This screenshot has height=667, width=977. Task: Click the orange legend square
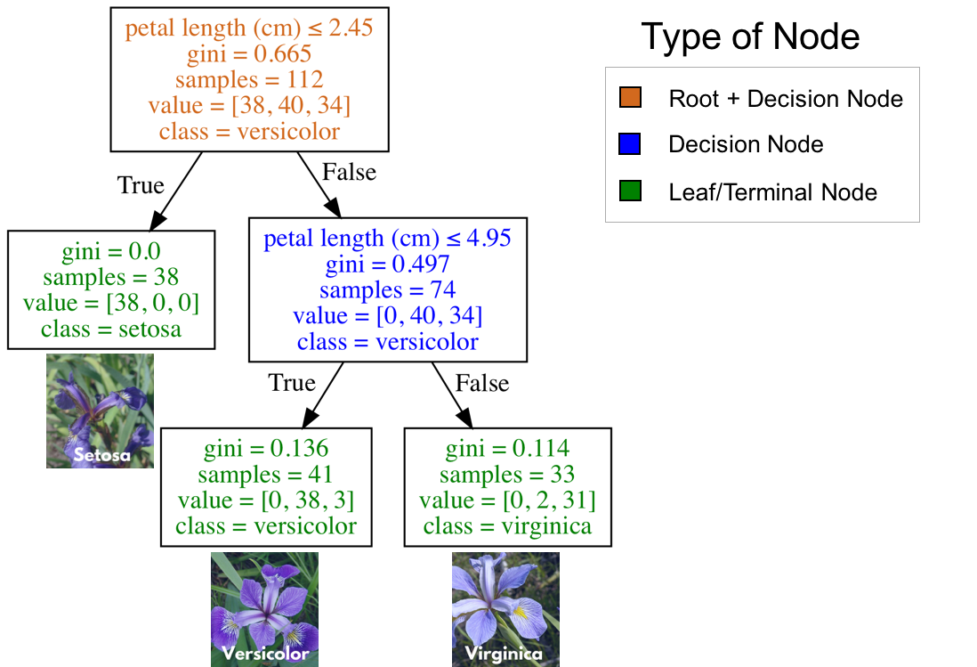coord(630,97)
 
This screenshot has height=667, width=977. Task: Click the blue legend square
coord(630,143)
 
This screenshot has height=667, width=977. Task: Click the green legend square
coord(630,190)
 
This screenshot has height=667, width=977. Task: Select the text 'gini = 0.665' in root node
coord(249,54)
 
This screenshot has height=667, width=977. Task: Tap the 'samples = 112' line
coord(249,80)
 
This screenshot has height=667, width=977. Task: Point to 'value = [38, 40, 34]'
coord(249,106)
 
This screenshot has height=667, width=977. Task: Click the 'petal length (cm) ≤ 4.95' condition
coord(388,239)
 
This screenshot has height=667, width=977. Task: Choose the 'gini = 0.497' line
coord(388,264)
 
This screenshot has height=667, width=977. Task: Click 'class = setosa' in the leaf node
coord(111,329)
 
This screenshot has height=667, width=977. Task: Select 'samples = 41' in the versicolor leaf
coord(266,475)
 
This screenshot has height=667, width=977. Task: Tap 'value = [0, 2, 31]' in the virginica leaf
coord(508,500)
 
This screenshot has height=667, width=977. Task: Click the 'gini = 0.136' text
coord(266,449)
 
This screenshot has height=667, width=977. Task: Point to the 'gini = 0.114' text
coord(508,449)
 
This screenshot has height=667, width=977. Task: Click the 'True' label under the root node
coord(141,185)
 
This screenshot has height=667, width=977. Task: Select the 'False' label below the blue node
coord(482,383)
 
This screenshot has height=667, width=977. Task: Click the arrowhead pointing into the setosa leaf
coord(158,220)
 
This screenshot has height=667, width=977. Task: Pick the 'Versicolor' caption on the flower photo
coord(265,654)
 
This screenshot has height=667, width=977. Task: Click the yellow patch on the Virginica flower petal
coord(519,613)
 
